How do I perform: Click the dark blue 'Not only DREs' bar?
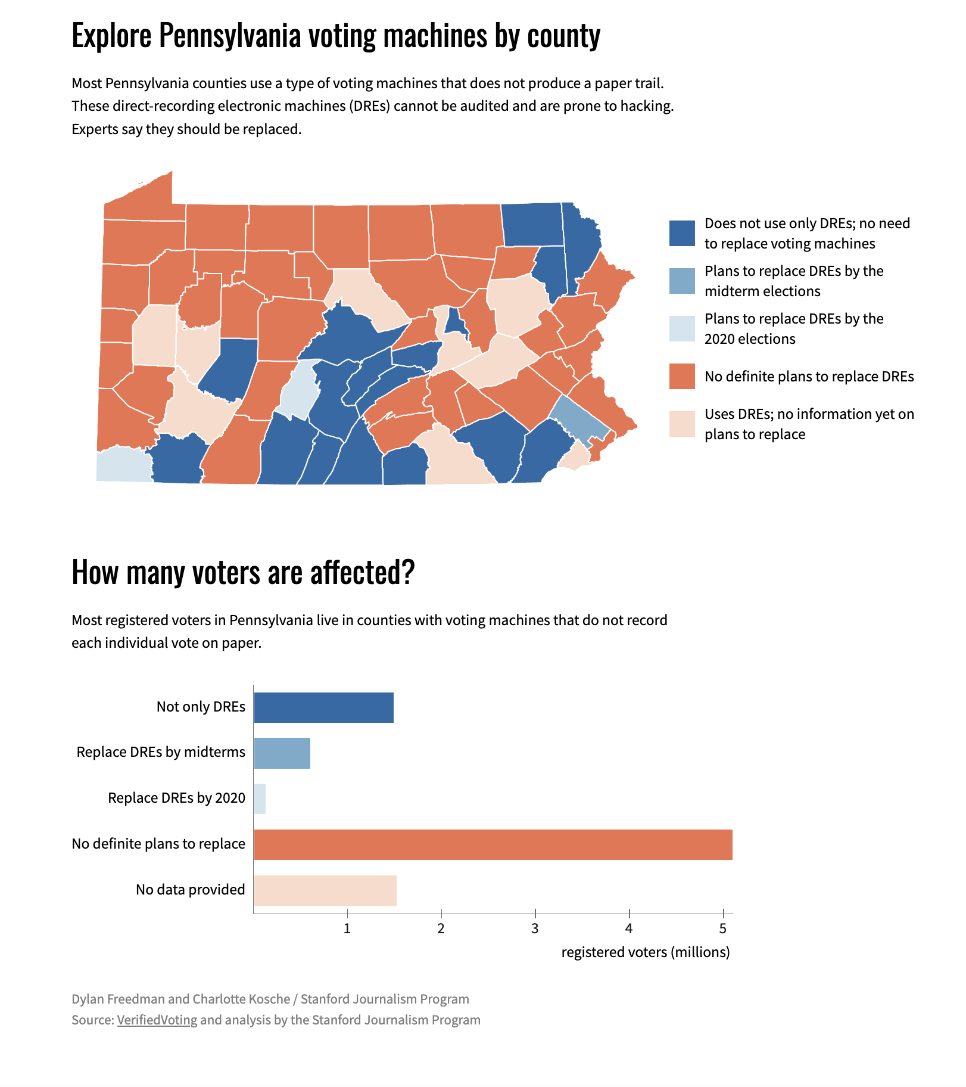coord(323,707)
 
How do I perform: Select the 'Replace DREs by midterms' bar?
coord(282,753)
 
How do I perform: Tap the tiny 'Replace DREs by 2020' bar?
coord(260,799)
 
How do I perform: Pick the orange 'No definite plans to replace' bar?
coord(493,844)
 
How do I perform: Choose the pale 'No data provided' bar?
coord(325,890)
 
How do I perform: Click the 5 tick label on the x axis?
coord(723,928)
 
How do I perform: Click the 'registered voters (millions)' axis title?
coord(646,952)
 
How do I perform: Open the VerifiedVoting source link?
coord(157,1020)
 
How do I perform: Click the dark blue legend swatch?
coord(682,233)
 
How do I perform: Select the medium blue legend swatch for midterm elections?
coord(682,281)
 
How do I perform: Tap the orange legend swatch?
coord(682,376)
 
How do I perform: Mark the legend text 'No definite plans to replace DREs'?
coord(809,376)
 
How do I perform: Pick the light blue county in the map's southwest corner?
coord(124,465)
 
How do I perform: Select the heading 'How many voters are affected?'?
coord(243,572)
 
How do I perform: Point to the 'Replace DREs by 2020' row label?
coord(176,798)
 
